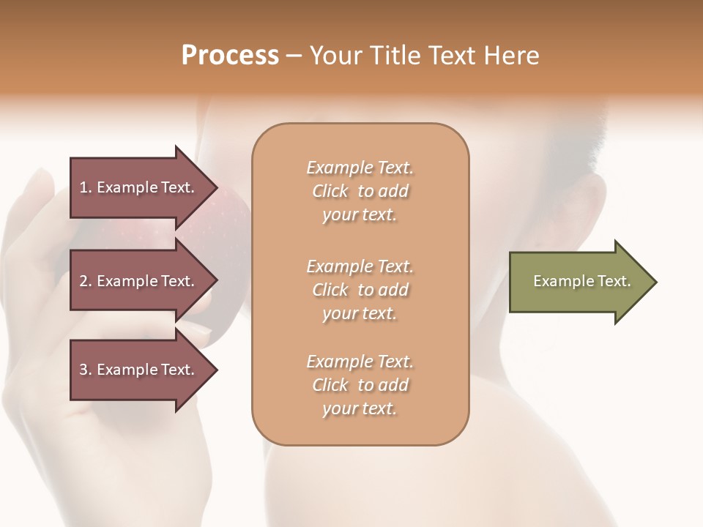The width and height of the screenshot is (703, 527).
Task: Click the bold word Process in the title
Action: (230, 55)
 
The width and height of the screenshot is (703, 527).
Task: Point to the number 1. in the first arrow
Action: (86, 187)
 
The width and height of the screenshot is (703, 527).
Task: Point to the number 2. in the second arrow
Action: (86, 281)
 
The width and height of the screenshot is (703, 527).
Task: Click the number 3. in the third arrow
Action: (86, 370)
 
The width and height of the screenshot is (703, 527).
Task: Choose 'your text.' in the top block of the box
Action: (360, 215)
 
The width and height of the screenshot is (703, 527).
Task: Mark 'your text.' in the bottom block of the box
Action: (360, 409)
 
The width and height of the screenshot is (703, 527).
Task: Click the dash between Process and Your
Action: (294, 56)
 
